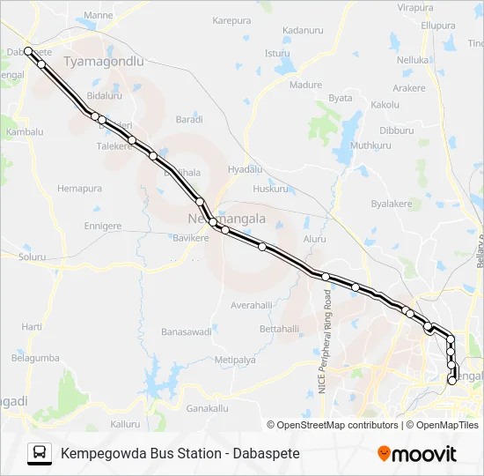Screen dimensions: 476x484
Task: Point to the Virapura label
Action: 415,7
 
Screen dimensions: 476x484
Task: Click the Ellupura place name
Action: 436,26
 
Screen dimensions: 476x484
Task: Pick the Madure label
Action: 306,85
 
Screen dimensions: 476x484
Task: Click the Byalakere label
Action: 392,203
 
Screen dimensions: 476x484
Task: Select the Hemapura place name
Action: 79,189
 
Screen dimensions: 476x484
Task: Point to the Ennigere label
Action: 102,226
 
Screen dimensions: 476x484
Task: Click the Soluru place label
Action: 32,257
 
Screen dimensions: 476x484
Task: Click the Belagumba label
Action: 35,358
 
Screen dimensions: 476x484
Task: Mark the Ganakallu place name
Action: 208,409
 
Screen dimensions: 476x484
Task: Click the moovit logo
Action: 417,453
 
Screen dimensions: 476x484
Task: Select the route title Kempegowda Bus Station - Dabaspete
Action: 180,453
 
